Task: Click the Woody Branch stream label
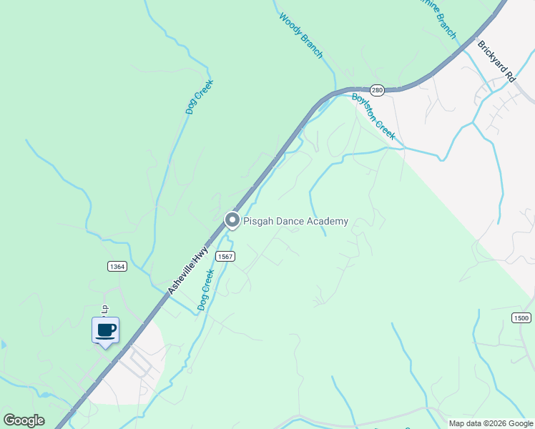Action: [301, 36]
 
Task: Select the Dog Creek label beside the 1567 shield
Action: [206, 289]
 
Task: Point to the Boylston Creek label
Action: [373, 115]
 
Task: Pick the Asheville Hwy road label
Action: [188, 270]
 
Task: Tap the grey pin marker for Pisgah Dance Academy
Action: [232, 220]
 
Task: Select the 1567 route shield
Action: [225, 257]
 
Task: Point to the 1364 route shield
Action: [117, 266]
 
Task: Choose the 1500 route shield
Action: [521, 317]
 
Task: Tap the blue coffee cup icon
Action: [105, 330]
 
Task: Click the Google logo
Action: [24, 420]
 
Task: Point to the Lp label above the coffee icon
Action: [104, 309]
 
